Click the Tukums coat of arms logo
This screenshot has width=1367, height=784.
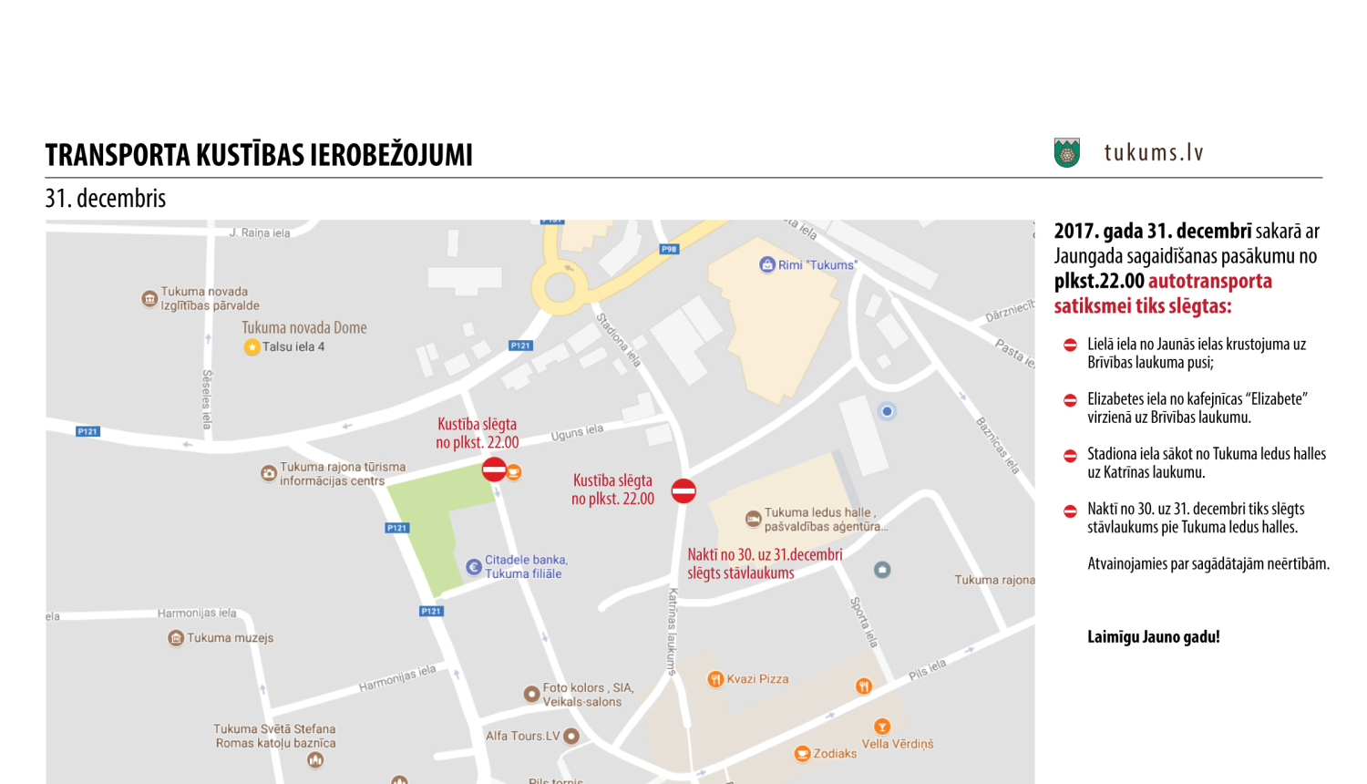coord(1066,152)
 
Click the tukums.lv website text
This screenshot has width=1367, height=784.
coord(1154,152)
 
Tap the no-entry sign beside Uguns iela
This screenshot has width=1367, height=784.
coord(494,469)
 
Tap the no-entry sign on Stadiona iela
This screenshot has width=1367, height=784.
coord(683,490)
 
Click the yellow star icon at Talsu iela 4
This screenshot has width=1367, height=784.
coord(252,347)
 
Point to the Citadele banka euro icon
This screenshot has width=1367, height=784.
coord(473,567)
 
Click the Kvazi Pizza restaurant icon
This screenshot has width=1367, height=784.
coord(715,679)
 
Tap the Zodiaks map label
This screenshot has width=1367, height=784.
coord(835,754)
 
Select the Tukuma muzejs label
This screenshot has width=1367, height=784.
coord(230,638)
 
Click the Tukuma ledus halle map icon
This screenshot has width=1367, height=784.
coord(753,519)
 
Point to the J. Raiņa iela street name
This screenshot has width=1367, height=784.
coord(260,233)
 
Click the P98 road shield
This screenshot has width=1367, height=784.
coord(669,249)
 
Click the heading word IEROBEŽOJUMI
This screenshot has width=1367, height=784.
coord(391,155)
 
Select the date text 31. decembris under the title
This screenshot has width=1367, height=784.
coord(106,199)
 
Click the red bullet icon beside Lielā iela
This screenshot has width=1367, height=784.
coord(1070,345)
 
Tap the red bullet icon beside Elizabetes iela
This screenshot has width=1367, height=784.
coord(1070,400)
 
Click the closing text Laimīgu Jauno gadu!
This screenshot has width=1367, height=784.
coord(1153,637)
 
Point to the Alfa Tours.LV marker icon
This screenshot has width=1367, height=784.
coord(571,736)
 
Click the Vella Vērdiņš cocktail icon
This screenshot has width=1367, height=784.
coord(881,727)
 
